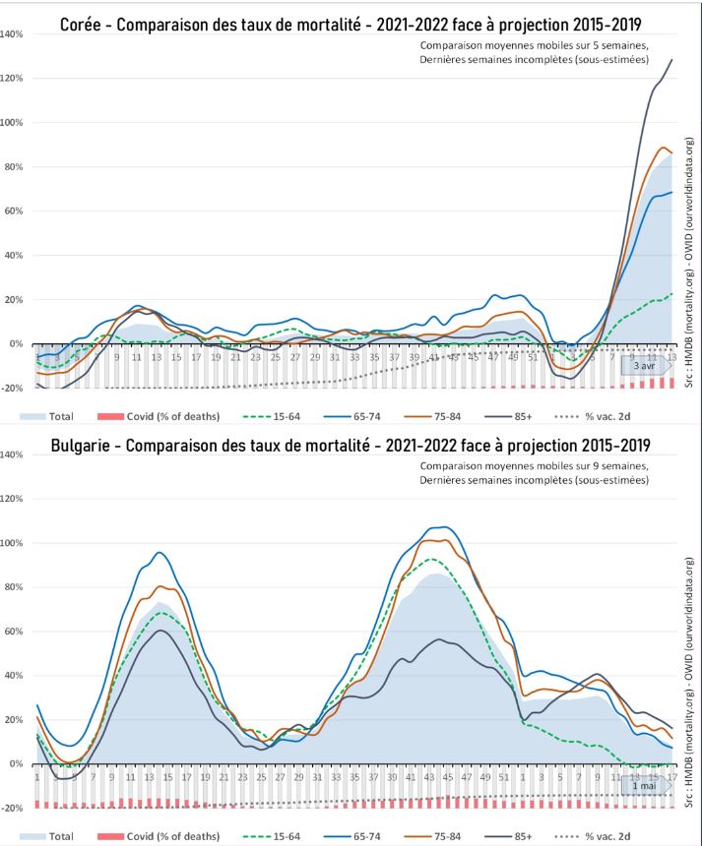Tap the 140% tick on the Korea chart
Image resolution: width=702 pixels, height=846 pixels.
click(13, 33)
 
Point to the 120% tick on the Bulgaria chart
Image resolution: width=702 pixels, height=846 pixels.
click(13, 499)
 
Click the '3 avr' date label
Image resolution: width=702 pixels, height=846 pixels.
click(643, 365)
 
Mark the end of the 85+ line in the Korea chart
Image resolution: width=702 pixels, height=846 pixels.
click(672, 60)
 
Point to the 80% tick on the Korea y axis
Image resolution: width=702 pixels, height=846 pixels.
click(13, 166)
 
